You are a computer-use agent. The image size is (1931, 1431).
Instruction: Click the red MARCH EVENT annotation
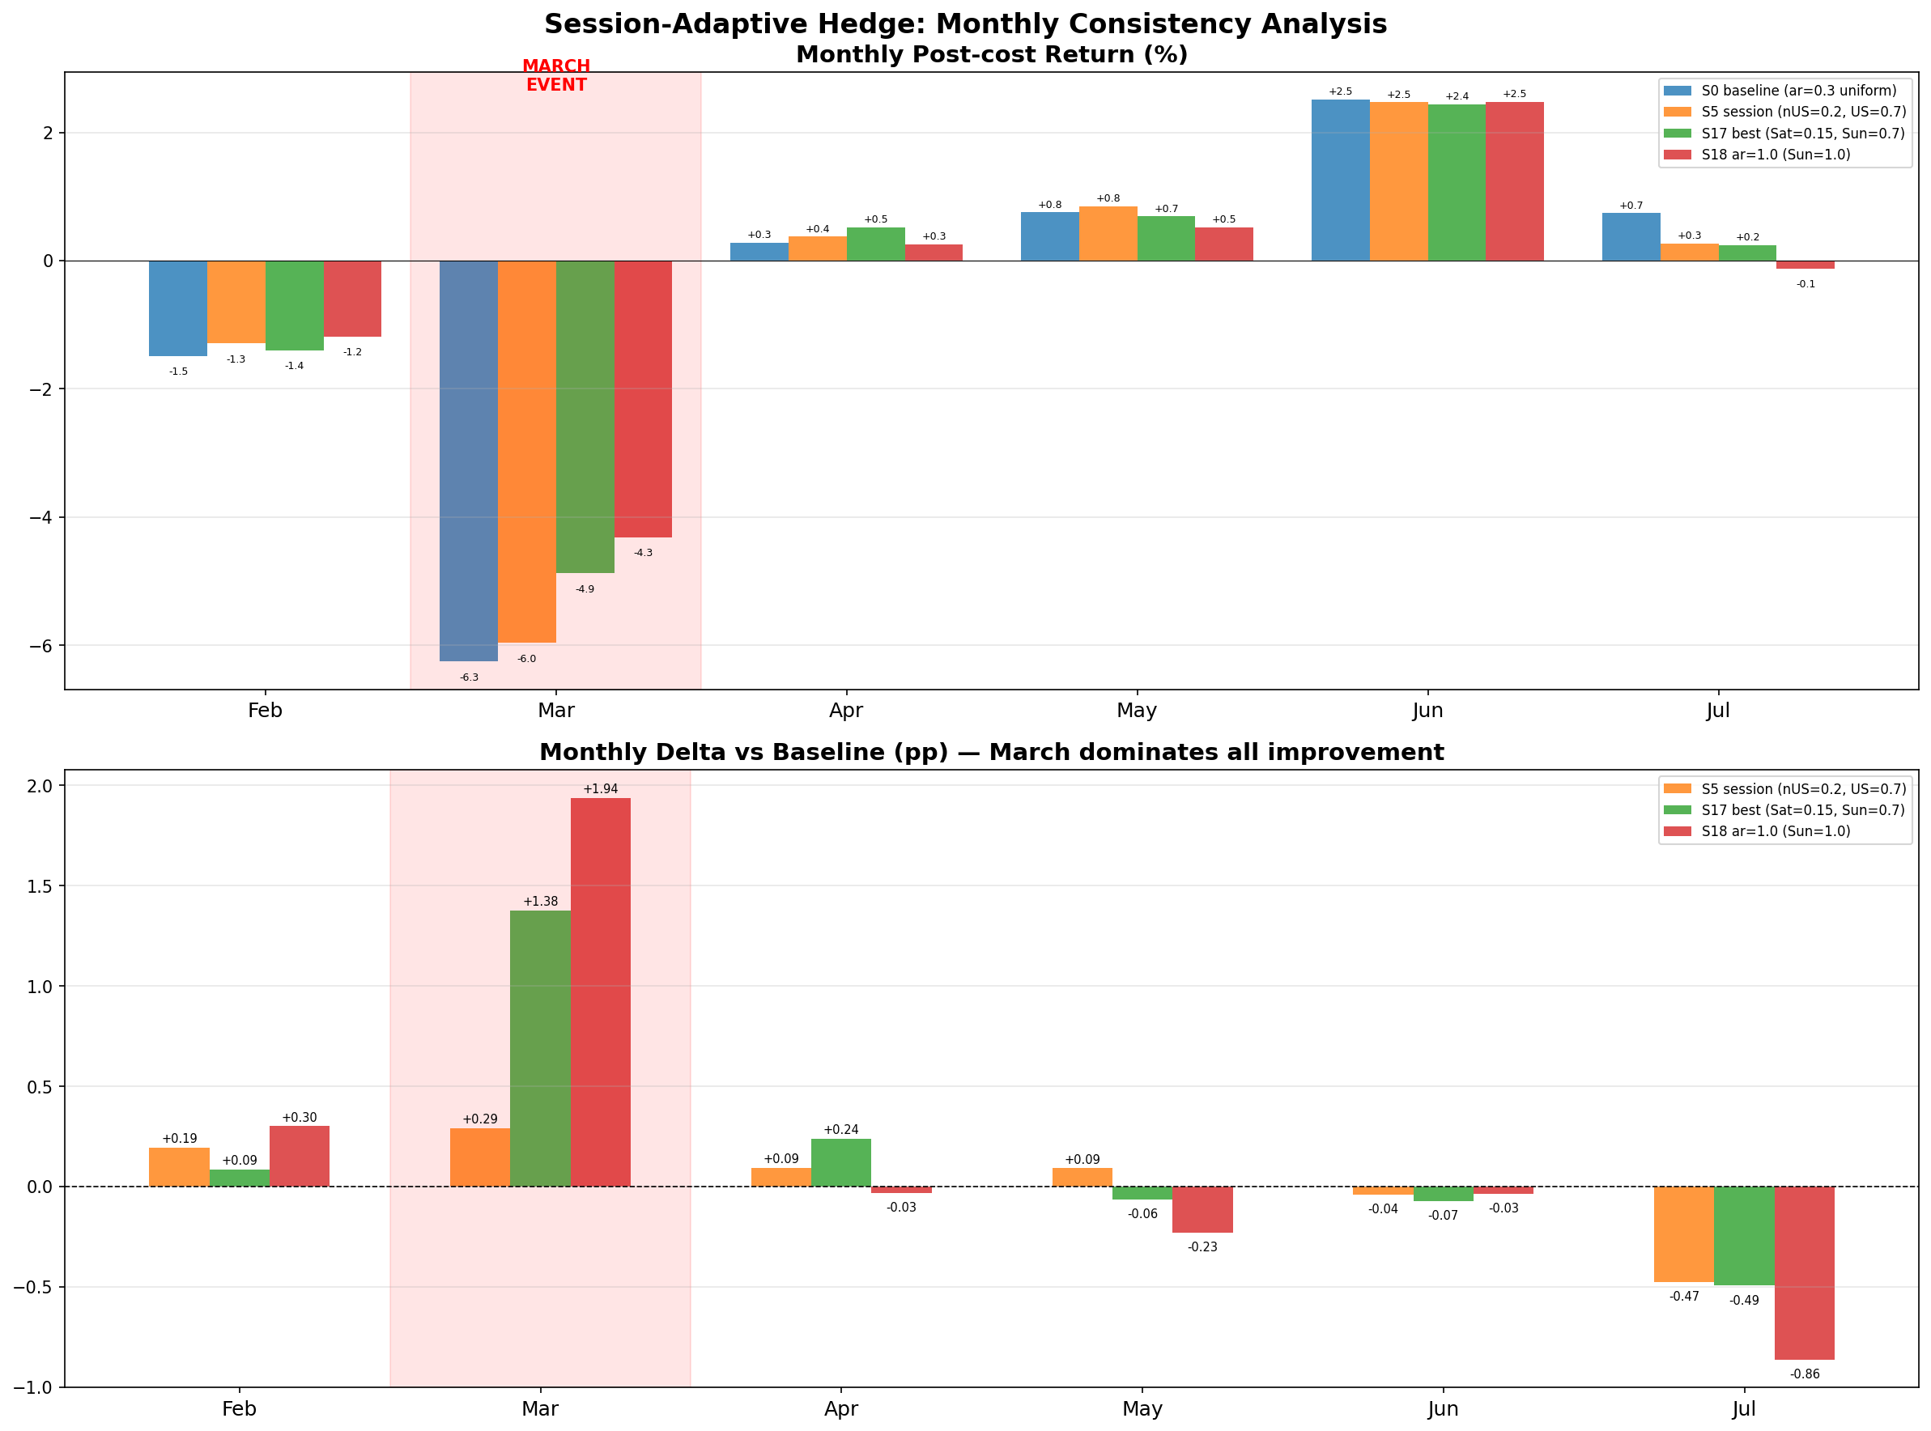point(555,75)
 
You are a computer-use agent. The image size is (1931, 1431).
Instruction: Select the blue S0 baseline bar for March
point(468,460)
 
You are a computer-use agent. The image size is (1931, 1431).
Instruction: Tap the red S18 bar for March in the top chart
point(643,398)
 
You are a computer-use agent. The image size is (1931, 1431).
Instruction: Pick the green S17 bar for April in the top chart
point(875,244)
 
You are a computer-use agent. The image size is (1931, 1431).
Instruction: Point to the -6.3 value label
point(469,677)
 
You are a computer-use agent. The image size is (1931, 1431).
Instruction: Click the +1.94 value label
point(601,789)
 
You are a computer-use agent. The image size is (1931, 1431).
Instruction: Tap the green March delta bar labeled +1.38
point(540,1048)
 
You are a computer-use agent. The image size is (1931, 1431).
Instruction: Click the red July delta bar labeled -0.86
point(1804,1272)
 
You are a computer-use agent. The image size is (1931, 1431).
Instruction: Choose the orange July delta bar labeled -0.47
point(1683,1234)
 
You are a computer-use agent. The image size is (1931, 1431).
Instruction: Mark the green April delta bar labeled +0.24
point(840,1162)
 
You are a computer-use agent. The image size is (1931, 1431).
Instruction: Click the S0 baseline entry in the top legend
point(1797,91)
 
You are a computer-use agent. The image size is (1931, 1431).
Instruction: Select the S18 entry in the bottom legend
point(1775,831)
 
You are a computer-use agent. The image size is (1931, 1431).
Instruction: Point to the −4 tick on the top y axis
point(41,517)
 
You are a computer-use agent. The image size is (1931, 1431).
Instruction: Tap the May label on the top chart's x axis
point(1136,711)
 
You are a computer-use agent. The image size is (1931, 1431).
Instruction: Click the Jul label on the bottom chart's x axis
point(1743,1409)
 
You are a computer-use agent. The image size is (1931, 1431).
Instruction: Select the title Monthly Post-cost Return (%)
point(991,54)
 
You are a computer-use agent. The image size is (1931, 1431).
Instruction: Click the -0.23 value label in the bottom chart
point(1202,1247)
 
